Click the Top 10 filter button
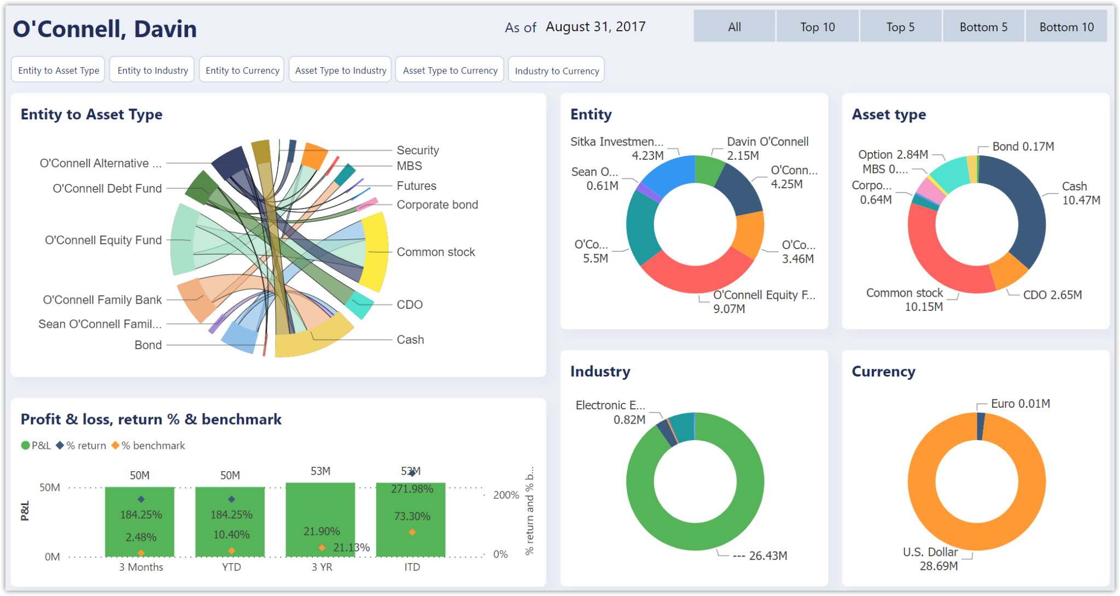pyautogui.click(x=817, y=27)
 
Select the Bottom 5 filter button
pyautogui.click(x=983, y=27)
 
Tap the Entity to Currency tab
pyautogui.click(x=242, y=70)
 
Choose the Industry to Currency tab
pyautogui.click(x=556, y=71)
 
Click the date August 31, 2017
pyautogui.click(x=596, y=27)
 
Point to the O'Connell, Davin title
pyautogui.click(x=104, y=28)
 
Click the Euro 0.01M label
pyautogui.click(x=1020, y=403)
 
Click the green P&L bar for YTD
pyautogui.click(x=230, y=520)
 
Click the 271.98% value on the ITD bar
pyautogui.click(x=412, y=489)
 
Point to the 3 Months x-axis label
pyautogui.click(x=141, y=567)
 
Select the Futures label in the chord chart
pyautogui.click(x=416, y=186)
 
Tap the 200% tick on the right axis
pyautogui.click(x=506, y=495)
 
